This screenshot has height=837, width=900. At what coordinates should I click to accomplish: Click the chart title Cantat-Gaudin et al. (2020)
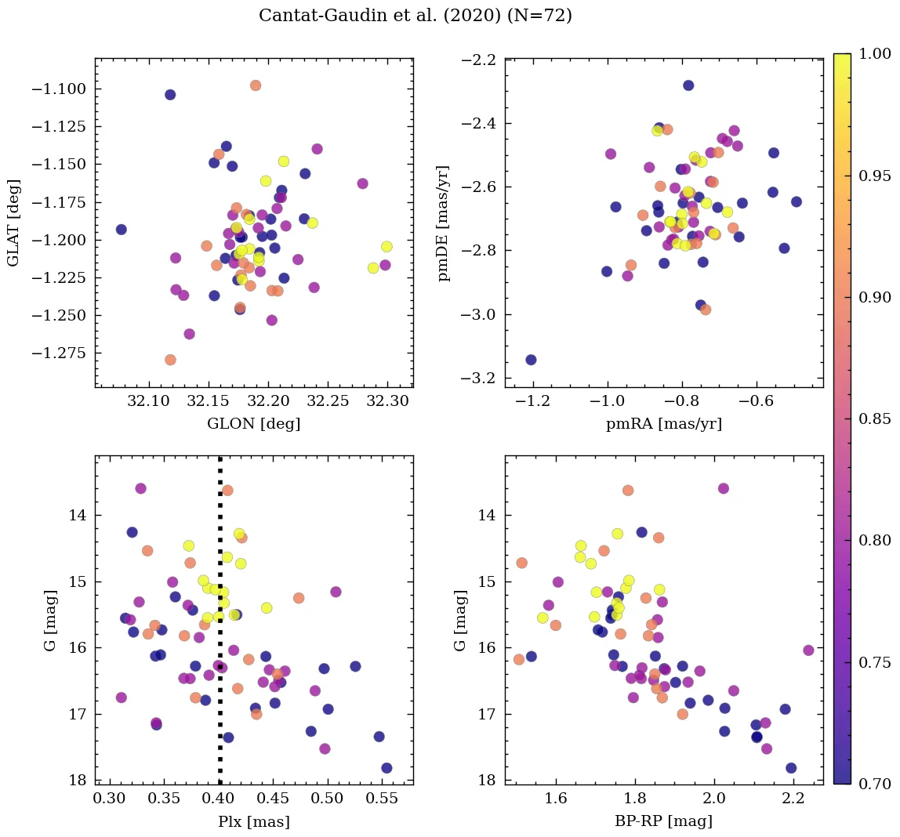(x=415, y=16)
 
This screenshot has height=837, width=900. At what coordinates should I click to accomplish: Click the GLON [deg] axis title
(x=253, y=424)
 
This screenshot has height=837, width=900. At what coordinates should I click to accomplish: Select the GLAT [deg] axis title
(x=14, y=223)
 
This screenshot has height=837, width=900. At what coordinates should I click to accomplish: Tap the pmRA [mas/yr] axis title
(x=663, y=424)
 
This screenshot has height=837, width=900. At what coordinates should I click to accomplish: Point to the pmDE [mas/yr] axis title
(x=445, y=223)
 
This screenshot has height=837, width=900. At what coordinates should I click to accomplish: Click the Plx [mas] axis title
(x=253, y=821)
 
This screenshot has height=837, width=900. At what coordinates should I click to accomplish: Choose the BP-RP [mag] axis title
(x=663, y=821)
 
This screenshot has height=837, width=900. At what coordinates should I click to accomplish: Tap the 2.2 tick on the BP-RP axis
(x=793, y=800)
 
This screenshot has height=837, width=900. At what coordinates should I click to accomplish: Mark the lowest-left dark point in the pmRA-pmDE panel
(x=531, y=360)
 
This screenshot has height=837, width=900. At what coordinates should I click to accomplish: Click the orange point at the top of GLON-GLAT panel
(x=255, y=85)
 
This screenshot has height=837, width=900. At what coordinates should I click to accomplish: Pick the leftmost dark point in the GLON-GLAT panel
(x=121, y=230)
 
